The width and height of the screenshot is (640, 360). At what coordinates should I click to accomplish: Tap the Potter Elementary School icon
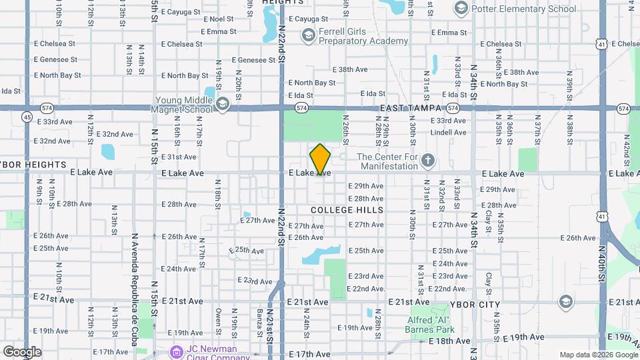point(460,9)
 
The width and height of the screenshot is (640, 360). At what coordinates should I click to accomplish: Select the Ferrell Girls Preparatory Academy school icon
point(307,35)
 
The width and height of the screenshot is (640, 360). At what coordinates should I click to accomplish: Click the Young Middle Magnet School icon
point(222,104)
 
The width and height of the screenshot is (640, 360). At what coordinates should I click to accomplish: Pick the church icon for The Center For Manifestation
point(428,161)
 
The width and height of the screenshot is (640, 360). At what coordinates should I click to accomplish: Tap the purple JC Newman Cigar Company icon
point(176,351)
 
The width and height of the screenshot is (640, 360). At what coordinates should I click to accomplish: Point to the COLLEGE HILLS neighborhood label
point(347,210)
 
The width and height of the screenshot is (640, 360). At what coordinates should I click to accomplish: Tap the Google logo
point(22,352)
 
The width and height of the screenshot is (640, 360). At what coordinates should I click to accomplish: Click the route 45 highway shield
point(27,117)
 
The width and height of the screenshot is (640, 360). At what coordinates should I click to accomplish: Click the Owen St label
point(218,319)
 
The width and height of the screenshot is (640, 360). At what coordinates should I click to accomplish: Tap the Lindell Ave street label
point(448,133)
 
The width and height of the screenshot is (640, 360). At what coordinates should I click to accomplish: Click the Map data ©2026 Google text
point(598,355)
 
